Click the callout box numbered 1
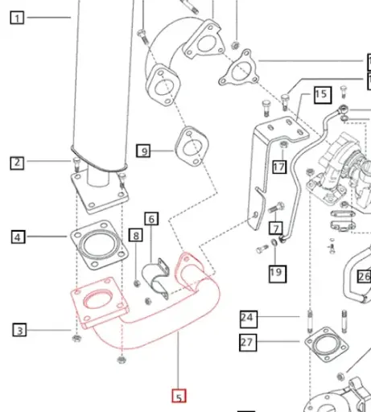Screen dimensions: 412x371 click(18, 17)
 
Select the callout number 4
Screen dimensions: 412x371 click(18, 237)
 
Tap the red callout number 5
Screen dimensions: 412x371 click(179, 396)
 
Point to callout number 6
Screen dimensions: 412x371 click(152, 218)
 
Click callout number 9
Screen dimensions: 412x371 click(143, 150)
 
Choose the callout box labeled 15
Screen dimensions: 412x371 click(321, 94)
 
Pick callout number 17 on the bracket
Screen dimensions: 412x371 click(278, 167)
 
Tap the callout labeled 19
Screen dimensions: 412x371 click(276, 273)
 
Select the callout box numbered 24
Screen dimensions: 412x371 click(246, 318)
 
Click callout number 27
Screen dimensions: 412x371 click(246, 343)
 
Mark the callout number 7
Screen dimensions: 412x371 click(275, 228)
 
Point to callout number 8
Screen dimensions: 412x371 click(135, 236)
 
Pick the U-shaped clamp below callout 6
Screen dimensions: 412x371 click(155, 277)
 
